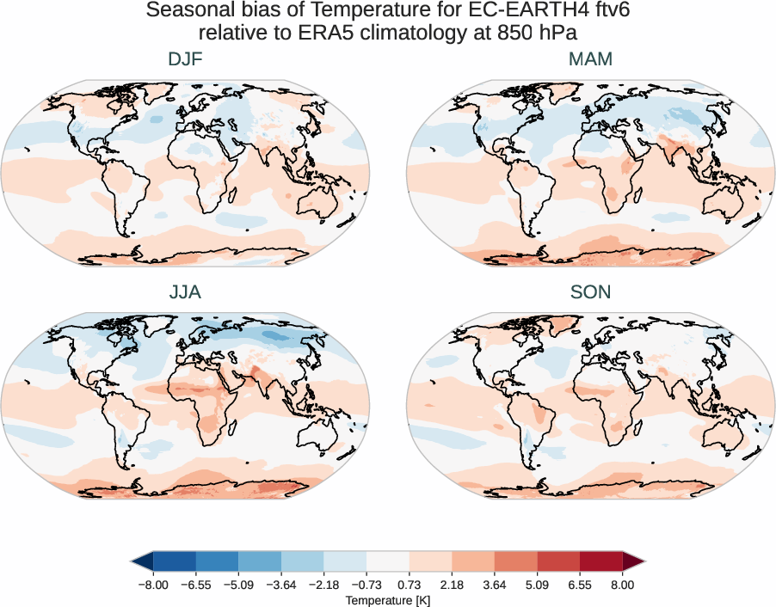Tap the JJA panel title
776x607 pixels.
(x=185, y=292)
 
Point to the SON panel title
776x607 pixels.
(x=590, y=292)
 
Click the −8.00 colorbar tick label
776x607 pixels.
(x=152, y=585)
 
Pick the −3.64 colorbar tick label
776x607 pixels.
(x=280, y=585)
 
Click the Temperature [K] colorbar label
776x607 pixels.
(x=387, y=600)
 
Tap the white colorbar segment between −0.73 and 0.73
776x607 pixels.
(x=388, y=561)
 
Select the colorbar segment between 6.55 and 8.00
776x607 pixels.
(x=601, y=561)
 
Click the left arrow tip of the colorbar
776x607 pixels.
(x=134, y=561)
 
